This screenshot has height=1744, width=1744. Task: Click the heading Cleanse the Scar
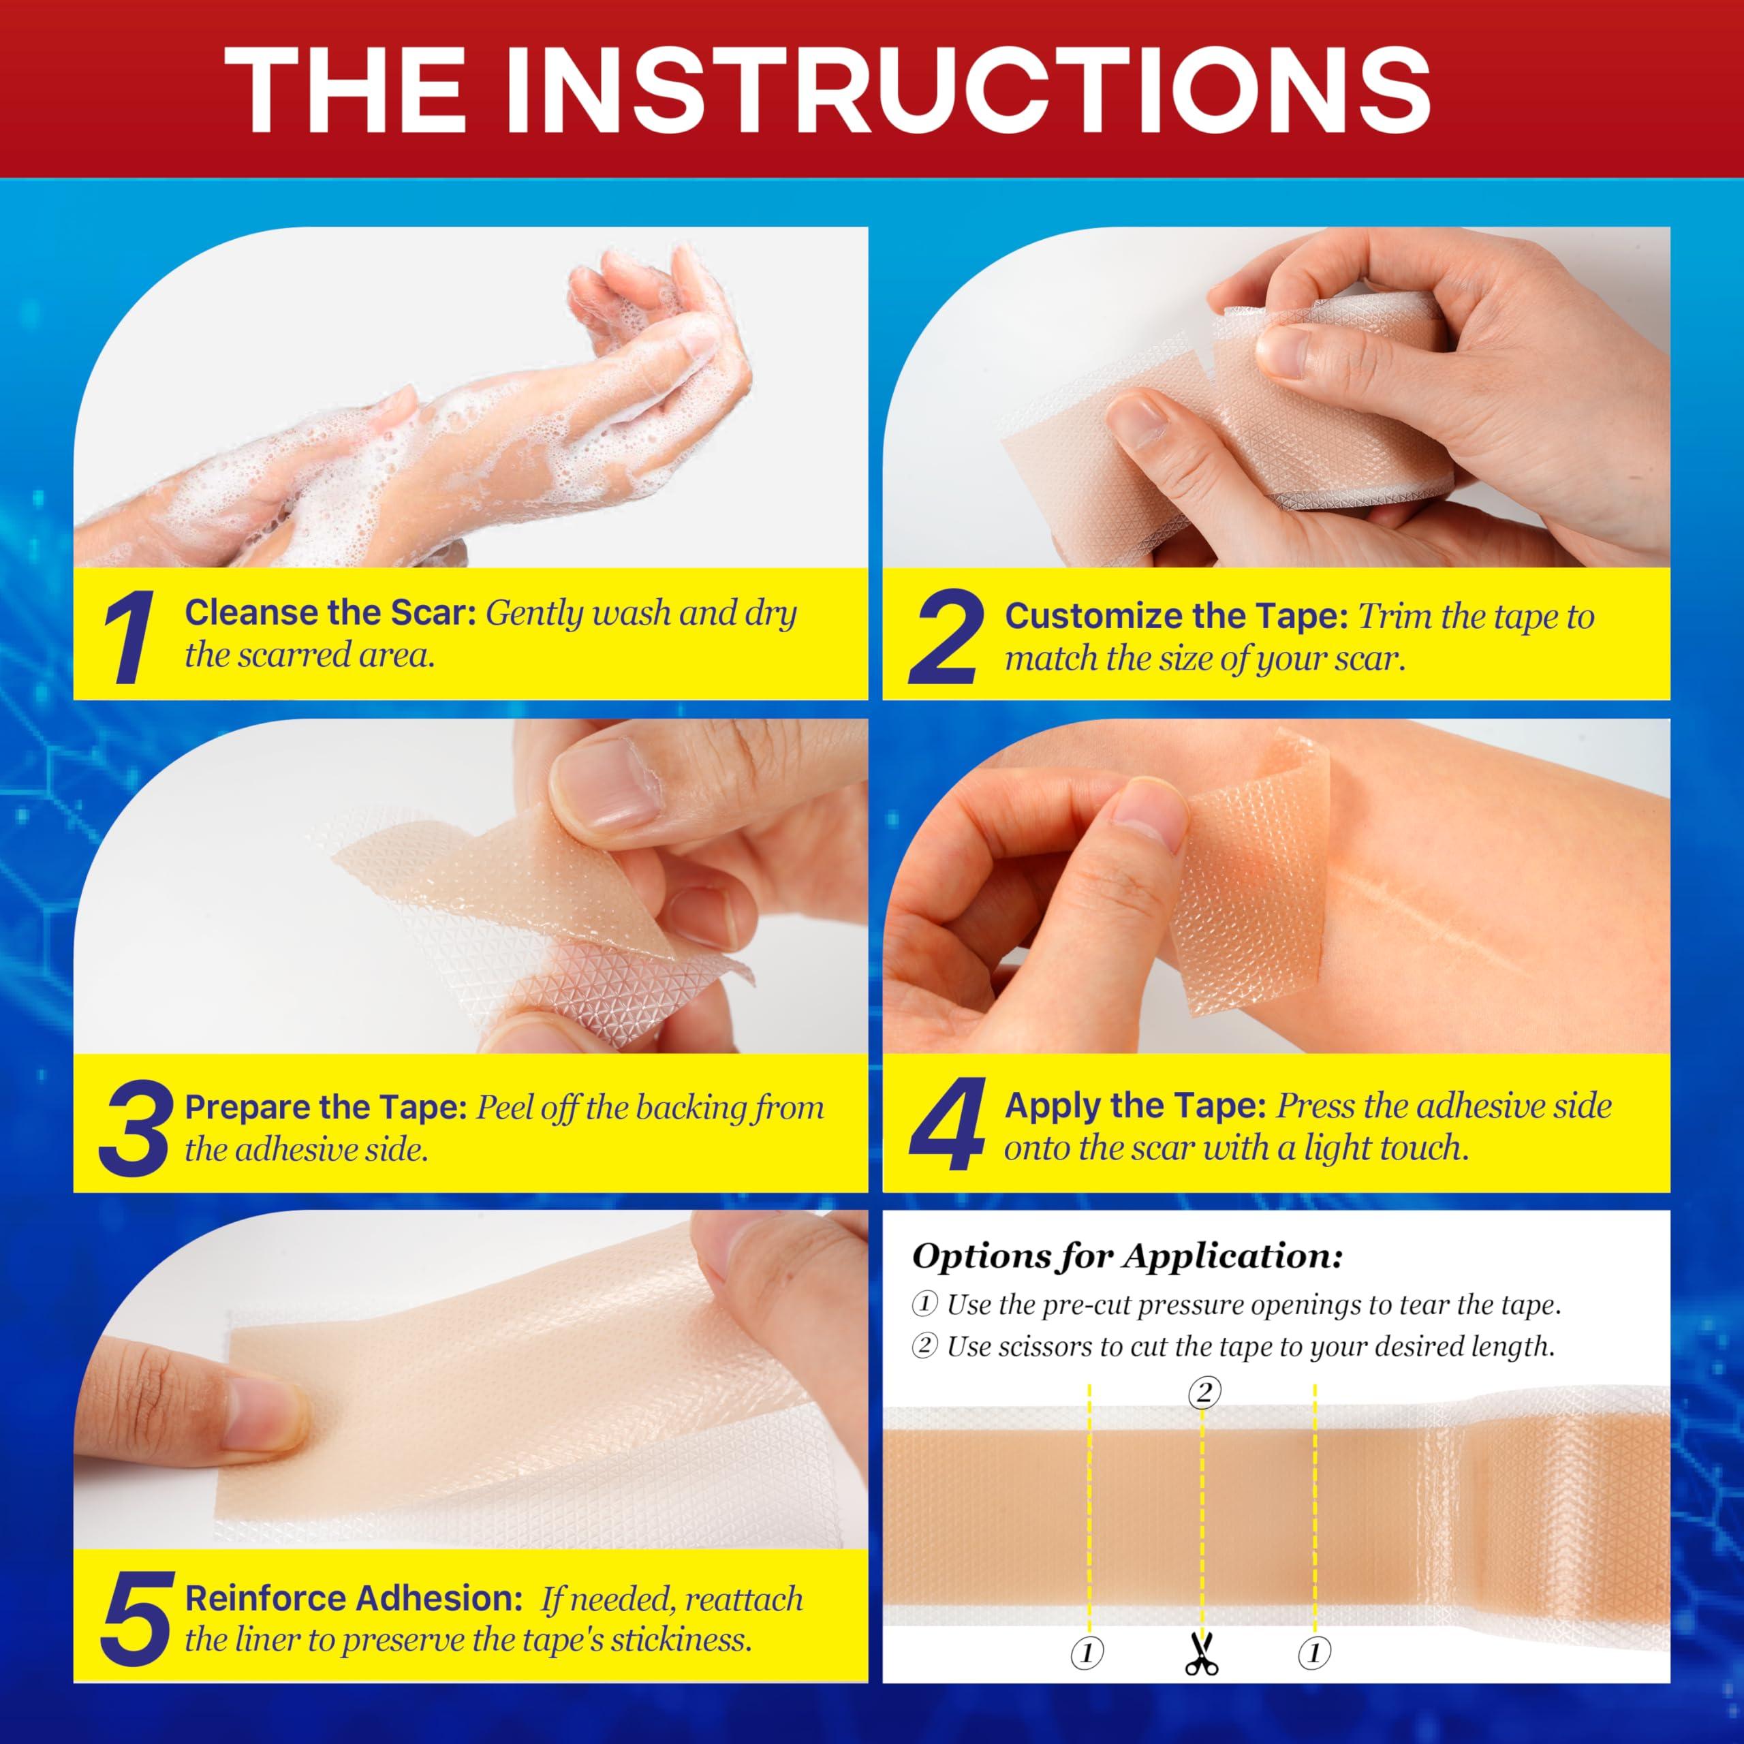click(x=330, y=614)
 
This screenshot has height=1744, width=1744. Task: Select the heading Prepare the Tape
click(x=325, y=1108)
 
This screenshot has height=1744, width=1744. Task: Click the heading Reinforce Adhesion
click(x=354, y=1599)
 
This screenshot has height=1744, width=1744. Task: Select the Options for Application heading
click(x=1127, y=1256)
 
